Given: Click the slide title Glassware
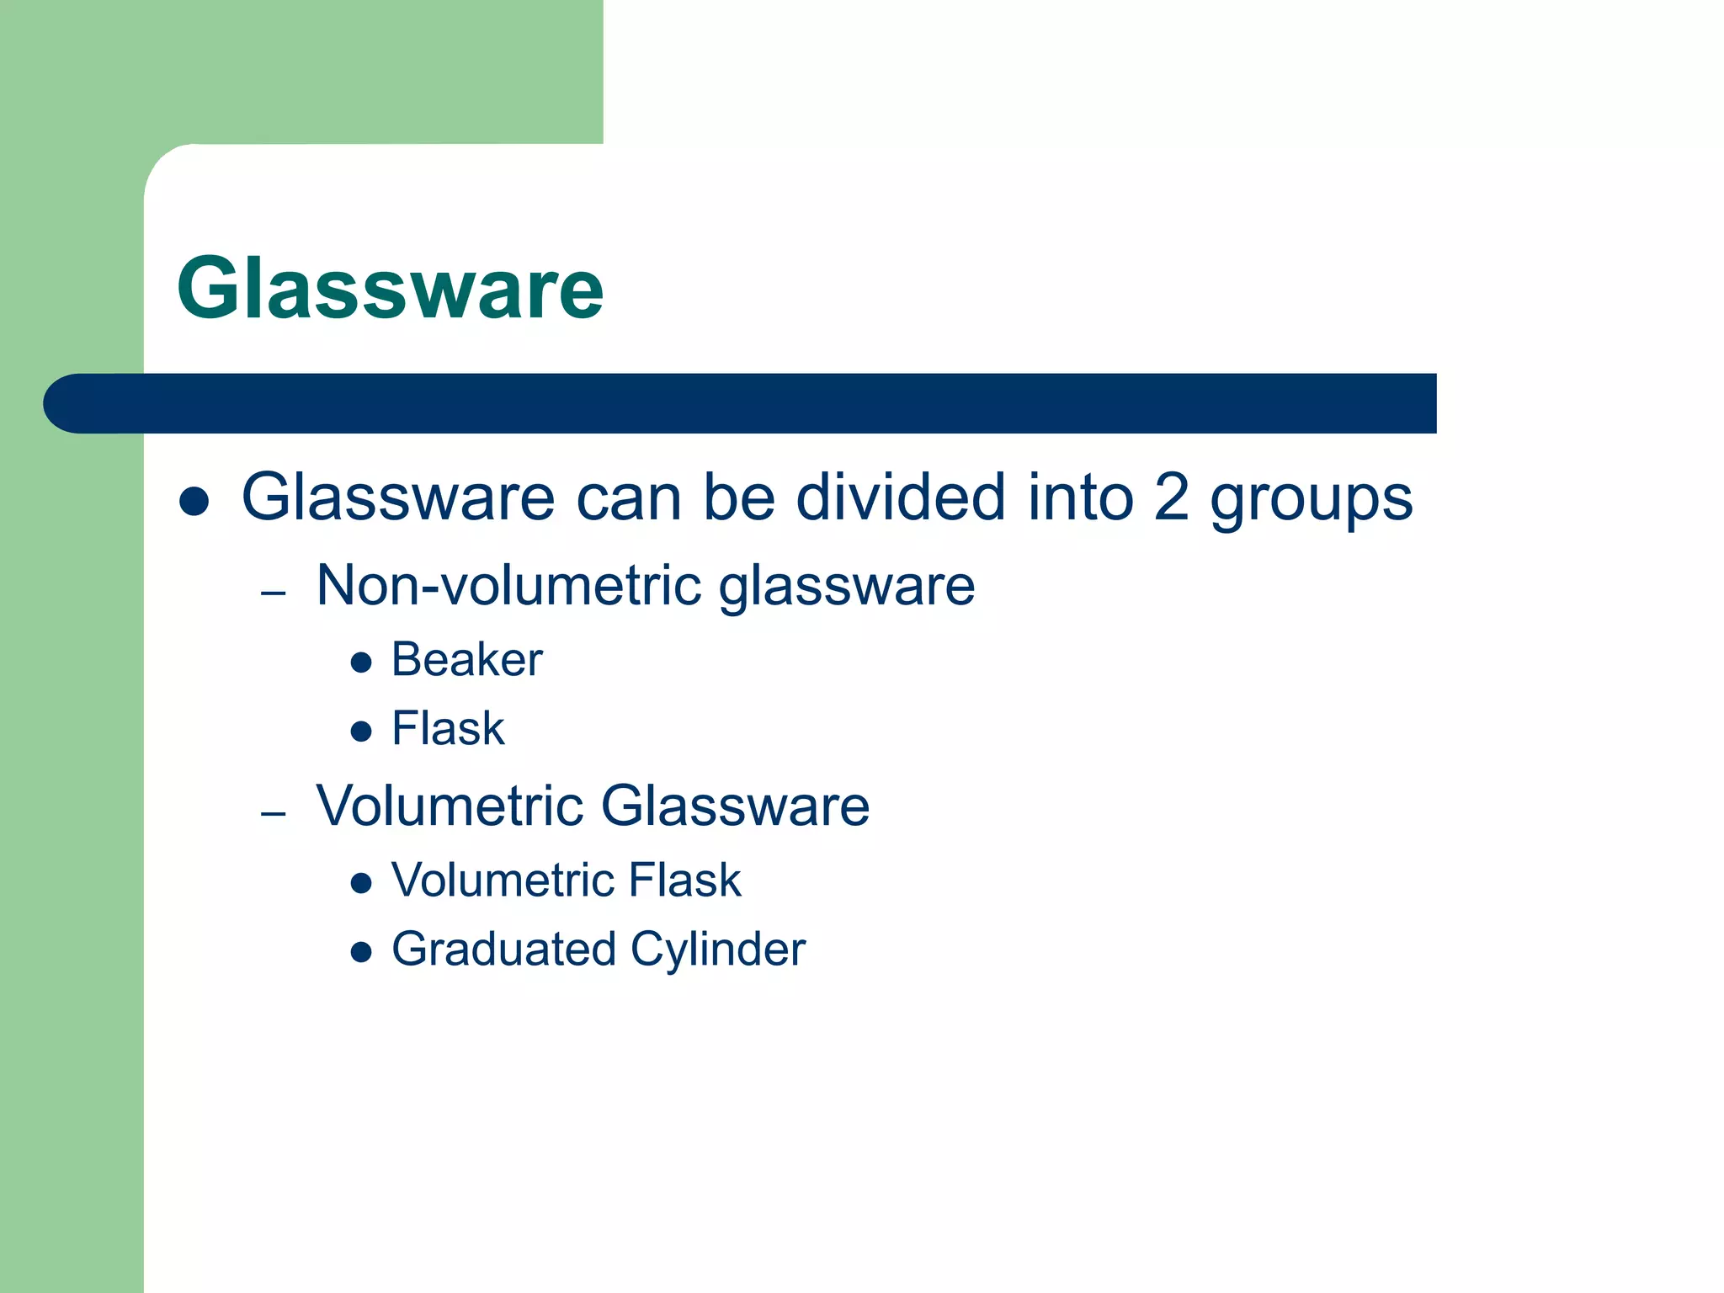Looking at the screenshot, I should click(390, 289).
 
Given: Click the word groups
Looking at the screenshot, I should click(1311, 500).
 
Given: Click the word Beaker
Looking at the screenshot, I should click(466, 659).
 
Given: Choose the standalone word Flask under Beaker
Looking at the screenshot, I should click(448, 728).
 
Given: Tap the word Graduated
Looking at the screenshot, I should click(503, 950).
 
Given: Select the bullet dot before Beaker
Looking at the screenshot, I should click(361, 662).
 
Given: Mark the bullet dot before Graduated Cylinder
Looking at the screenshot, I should click(361, 952).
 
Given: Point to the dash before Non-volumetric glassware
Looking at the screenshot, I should click(274, 593).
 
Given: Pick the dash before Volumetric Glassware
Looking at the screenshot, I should click(274, 814).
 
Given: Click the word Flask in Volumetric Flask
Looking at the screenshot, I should click(684, 881).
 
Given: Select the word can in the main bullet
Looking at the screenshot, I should click(628, 498).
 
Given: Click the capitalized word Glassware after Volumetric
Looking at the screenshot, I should click(735, 806).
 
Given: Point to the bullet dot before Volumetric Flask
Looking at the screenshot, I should click(361, 883).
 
